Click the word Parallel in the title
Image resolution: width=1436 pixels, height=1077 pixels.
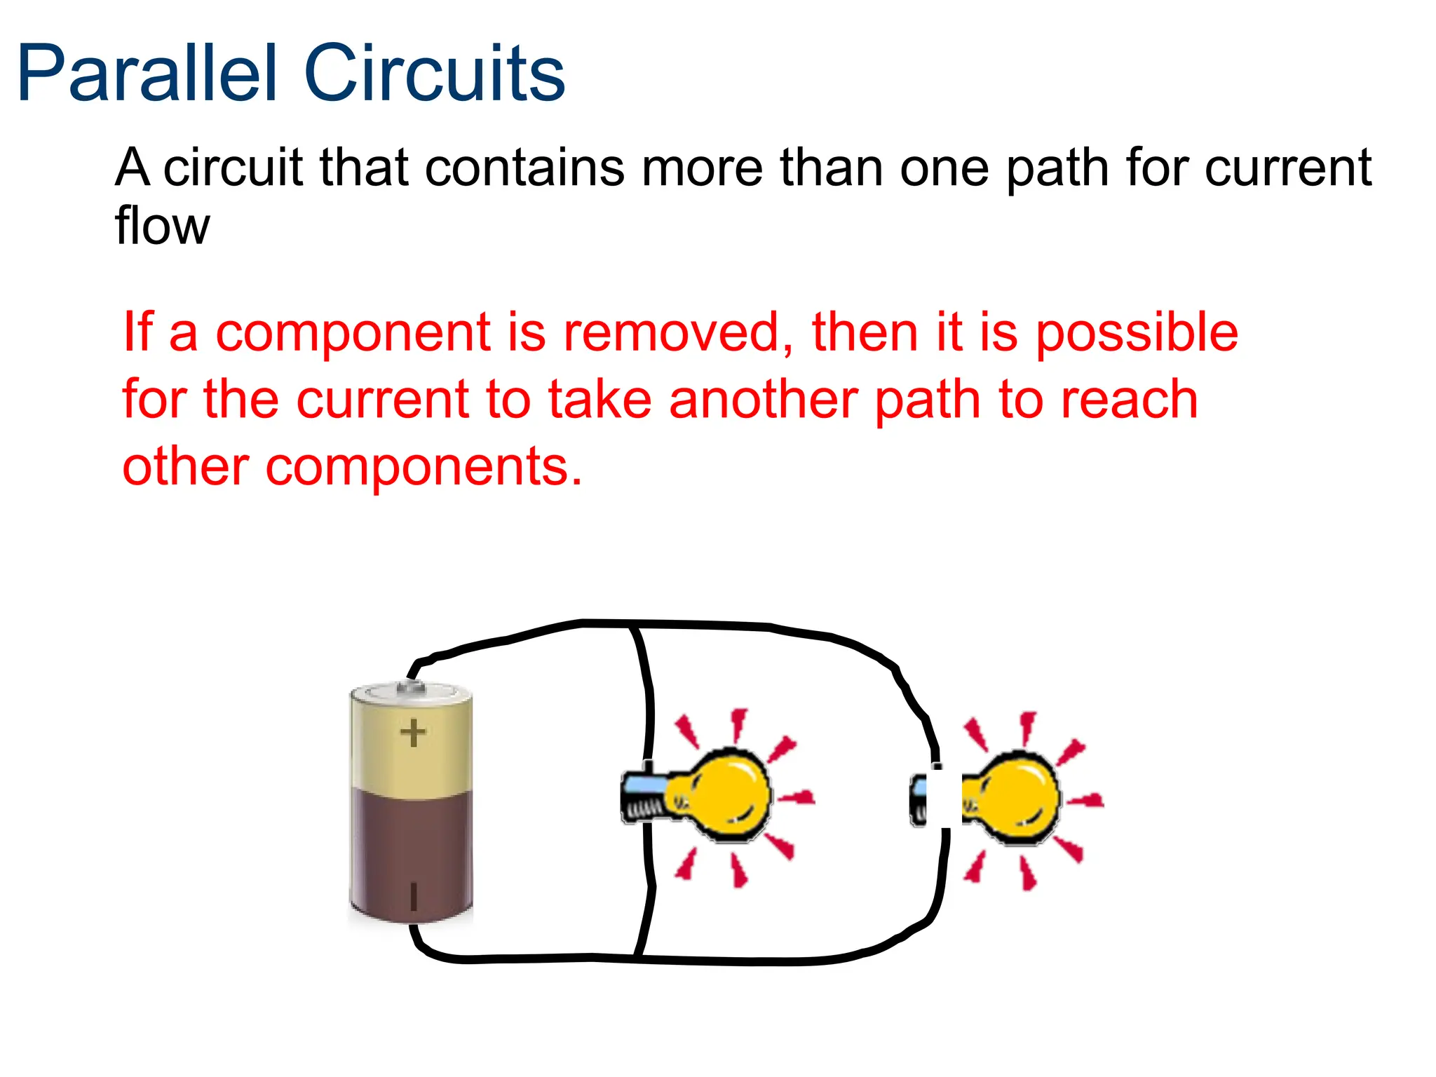(147, 74)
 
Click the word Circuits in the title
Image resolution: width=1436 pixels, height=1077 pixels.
(434, 74)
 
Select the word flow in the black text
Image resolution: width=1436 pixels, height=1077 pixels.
(162, 226)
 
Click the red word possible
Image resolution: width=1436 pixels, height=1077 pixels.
(1137, 334)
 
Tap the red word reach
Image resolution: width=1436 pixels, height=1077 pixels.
(1129, 400)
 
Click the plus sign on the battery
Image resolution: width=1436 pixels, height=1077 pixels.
(413, 733)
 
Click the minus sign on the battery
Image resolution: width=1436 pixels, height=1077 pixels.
(413, 896)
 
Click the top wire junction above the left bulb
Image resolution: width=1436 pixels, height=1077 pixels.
(633, 623)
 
